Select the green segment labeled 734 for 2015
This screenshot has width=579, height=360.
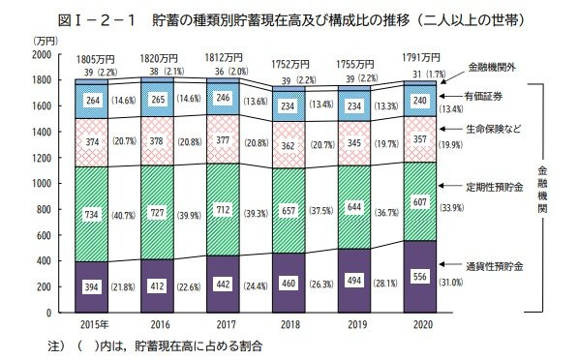point(92,215)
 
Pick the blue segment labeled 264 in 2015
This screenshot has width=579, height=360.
point(92,101)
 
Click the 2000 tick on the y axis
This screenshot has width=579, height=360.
point(40,53)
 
